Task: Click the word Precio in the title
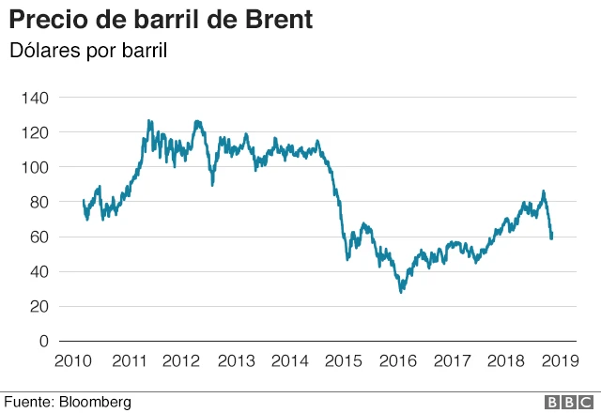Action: tap(43, 19)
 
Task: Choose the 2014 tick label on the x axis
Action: tap(290, 360)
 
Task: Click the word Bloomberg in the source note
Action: tap(95, 402)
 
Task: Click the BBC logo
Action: tap(567, 402)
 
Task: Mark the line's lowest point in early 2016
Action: tap(402, 292)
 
